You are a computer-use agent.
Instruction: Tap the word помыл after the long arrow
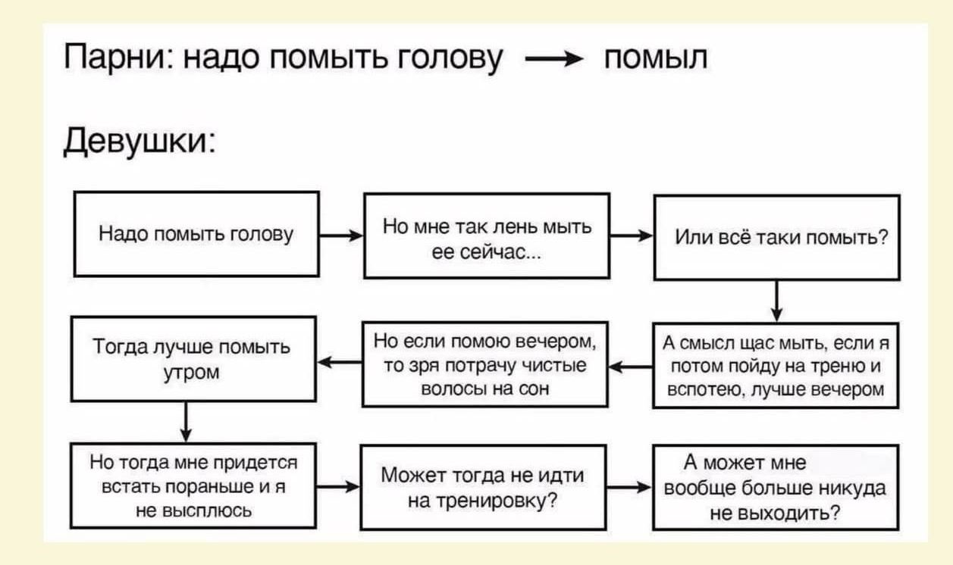656,58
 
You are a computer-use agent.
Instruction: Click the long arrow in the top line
554,58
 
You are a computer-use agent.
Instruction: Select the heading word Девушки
140,141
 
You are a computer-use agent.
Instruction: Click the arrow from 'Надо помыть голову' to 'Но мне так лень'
341,235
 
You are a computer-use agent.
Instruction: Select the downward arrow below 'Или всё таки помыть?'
777,301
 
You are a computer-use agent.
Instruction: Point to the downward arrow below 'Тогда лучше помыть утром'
186,423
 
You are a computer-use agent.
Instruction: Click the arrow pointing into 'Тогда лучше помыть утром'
340,362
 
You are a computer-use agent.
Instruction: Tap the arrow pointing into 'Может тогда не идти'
338,486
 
